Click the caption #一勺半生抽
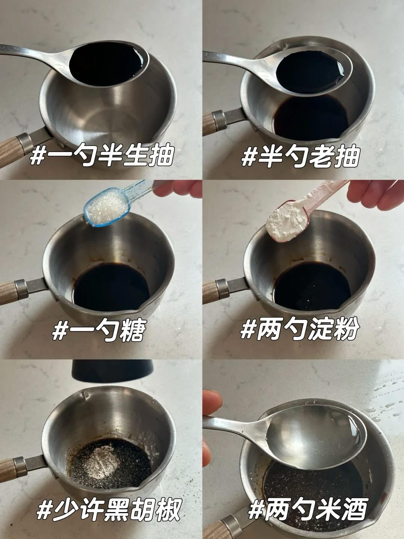[102, 156]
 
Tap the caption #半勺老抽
[300, 156]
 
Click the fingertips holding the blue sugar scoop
[178, 189]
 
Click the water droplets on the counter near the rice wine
[383, 405]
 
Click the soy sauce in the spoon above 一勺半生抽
[106, 64]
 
